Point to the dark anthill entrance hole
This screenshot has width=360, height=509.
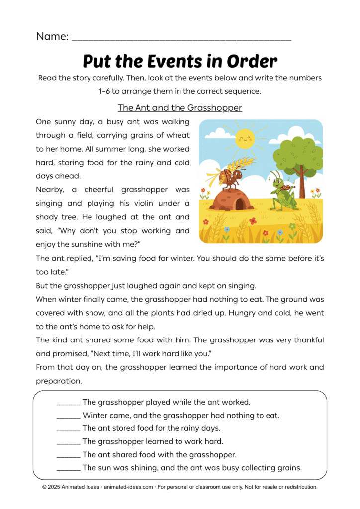coord(241,203)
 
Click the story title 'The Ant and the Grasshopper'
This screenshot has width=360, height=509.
coord(180,108)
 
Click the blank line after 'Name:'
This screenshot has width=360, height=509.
coord(181,37)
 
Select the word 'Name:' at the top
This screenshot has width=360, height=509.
coord(52,36)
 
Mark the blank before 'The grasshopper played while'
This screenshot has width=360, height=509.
coord(68,402)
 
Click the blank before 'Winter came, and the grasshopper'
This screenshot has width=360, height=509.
coord(68,415)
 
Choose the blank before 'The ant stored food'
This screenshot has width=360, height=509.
coord(68,428)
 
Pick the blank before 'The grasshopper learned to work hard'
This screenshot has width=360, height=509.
coord(68,441)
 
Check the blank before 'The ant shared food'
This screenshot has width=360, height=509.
coord(68,455)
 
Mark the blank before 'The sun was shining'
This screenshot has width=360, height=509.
coord(68,468)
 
